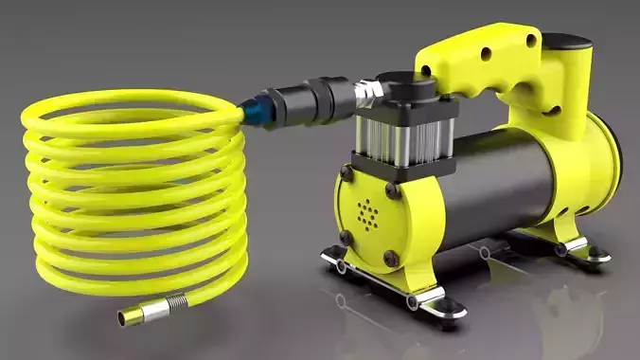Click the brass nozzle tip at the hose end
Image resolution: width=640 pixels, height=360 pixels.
point(130,316)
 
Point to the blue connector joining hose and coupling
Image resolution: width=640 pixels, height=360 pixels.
point(255,113)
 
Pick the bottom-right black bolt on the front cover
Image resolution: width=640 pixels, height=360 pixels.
point(391,257)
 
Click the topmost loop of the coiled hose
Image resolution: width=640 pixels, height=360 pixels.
point(123,102)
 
